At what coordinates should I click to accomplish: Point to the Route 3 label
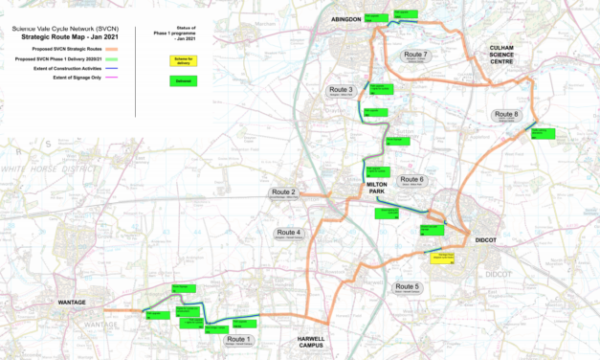(337, 91)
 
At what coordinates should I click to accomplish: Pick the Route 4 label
(288, 233)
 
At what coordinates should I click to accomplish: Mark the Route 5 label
(407, 287)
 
